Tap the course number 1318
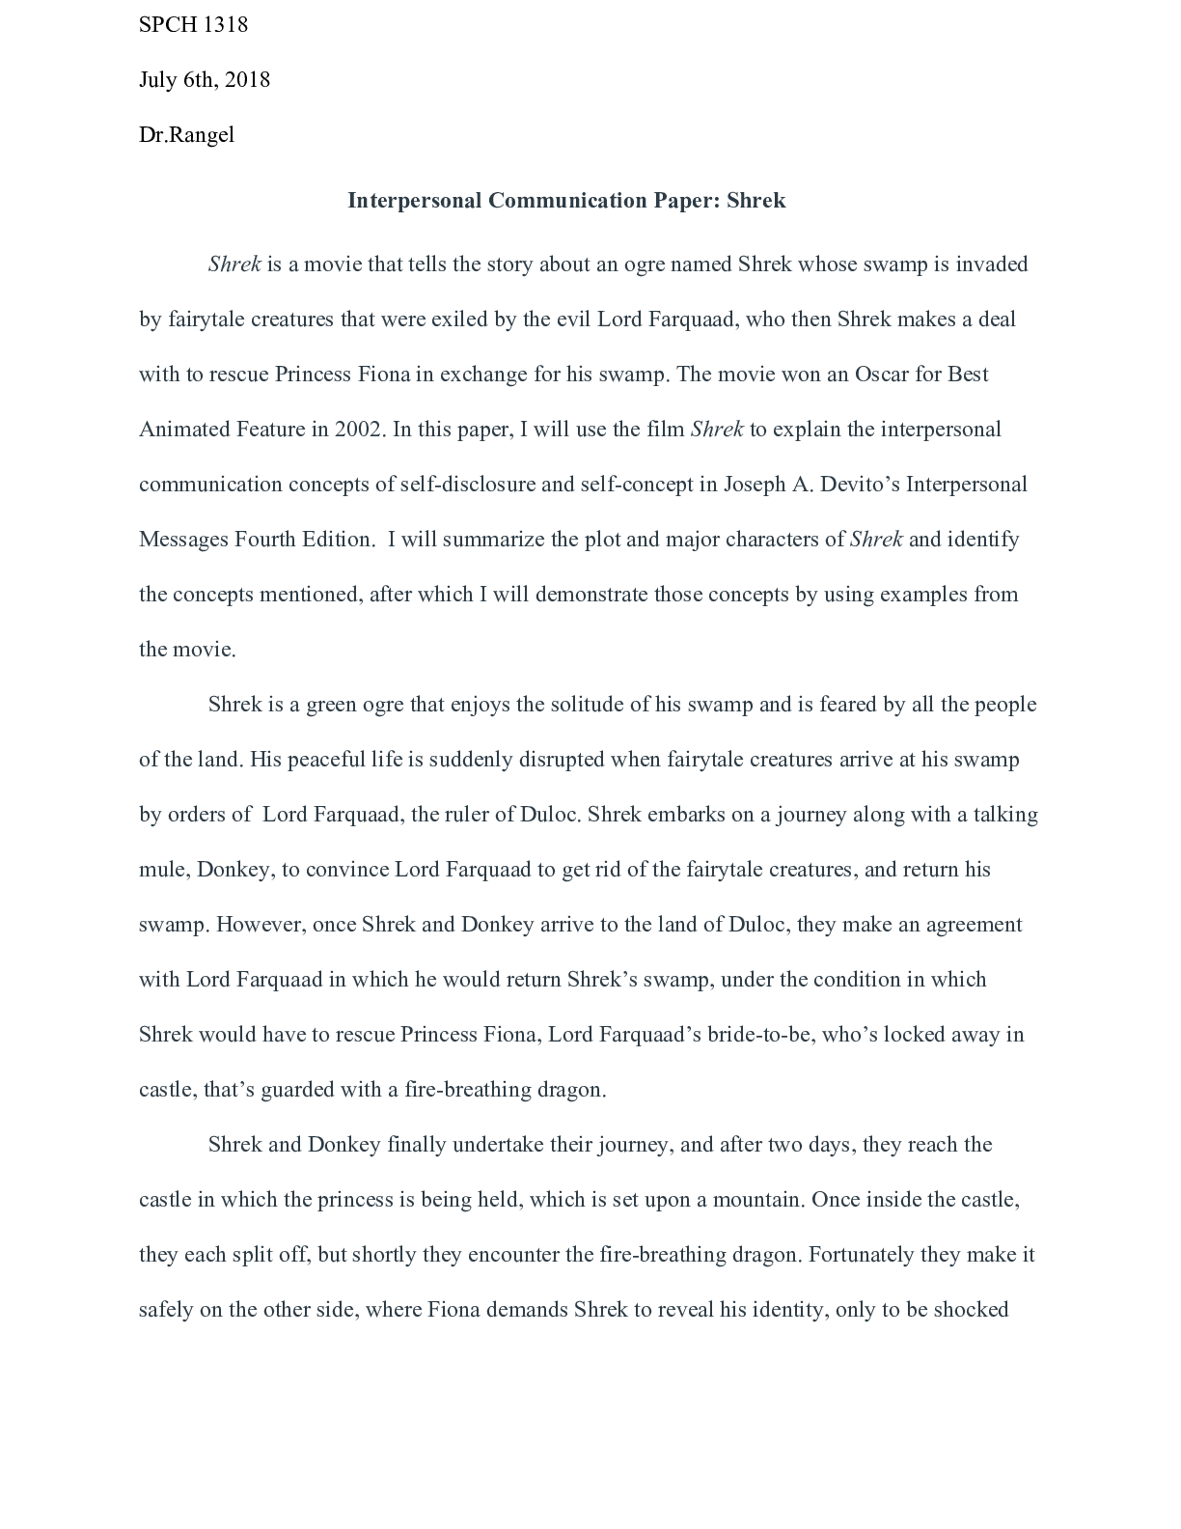(x=226, y=25)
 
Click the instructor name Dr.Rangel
(x=186, y=135)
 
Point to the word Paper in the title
(x=684, y=201)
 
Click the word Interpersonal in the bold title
(x=414, y=201)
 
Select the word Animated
(x=184, y=430)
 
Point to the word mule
(x=162, y=870)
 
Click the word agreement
(x=974, y=925)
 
